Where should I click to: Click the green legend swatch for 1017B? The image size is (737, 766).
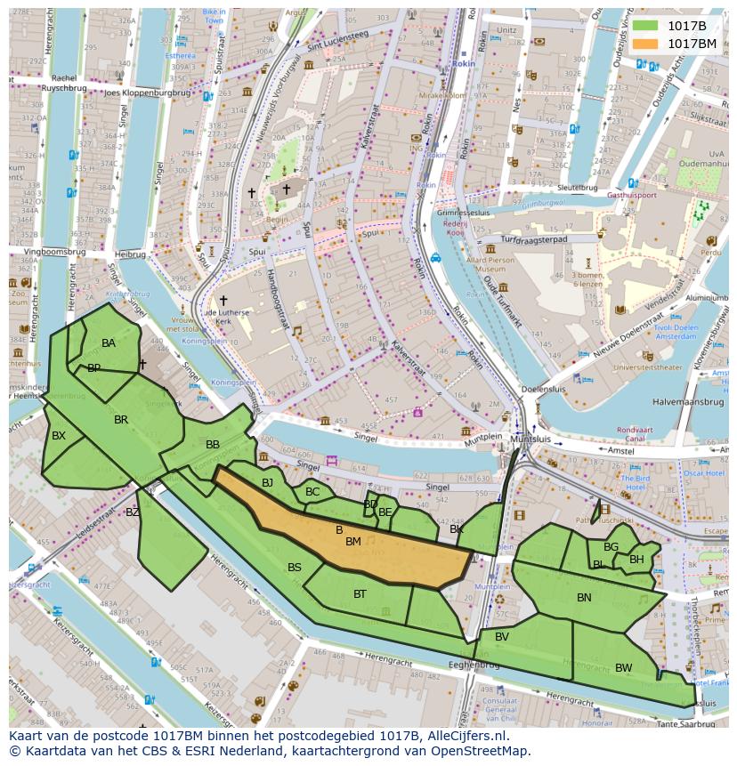coord(645,26)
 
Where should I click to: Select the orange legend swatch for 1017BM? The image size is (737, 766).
coord(645,44)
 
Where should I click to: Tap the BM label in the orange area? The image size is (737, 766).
coord(353,542)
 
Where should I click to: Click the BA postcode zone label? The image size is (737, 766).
coord(109,343)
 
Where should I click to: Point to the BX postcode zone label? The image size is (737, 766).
coord(59,436)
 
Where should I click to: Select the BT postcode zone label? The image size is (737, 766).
coord(360,594)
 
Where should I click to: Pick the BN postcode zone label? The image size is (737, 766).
coord(584,598)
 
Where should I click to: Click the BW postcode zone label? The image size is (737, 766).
coord(623,668)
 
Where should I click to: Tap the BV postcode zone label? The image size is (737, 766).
coord(502,637)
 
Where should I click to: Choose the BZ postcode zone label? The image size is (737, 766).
coord(133,512)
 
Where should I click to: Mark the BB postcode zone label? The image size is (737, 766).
coord(213,445)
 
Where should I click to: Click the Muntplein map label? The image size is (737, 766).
coord(488,439)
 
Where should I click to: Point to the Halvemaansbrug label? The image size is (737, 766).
coord(687,402)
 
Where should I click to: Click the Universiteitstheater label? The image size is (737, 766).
coord(652,367)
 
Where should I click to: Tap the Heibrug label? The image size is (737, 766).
coord(130,254)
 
